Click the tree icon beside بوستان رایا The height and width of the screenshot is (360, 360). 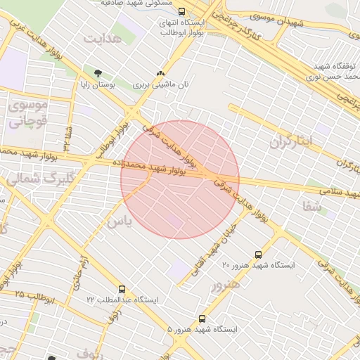(97, 73)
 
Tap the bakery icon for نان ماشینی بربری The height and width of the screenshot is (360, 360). (160, 73)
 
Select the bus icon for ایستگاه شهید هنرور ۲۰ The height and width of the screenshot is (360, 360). (258, 255)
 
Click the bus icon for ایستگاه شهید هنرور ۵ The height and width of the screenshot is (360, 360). (202, 319)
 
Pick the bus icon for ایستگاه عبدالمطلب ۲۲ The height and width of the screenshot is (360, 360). (122, 289)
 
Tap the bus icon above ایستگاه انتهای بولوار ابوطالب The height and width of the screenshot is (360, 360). (182, 11)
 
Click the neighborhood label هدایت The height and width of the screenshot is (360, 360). (103, 37)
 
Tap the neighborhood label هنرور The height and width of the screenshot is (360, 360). (225, 285)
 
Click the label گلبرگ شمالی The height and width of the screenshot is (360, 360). (25, 179)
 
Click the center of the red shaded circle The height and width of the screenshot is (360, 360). (180, 179)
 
